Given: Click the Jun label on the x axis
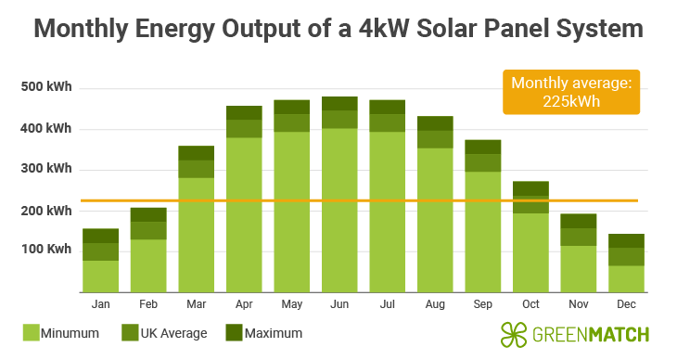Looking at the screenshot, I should [x=339, y=303].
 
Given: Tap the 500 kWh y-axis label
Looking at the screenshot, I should [x=46, y=88].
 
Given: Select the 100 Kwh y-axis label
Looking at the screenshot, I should [x=46, y=251].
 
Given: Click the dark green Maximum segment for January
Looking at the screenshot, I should [x=100, y=236].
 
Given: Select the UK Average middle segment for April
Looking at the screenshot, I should [x=244, y=128].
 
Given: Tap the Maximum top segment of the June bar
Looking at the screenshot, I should [x=339, y=103].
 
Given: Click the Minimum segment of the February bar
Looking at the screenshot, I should [x=148, y=265].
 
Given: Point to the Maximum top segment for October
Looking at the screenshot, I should [x=530, y=188].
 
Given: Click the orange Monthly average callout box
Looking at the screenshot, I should [x=571, y=92].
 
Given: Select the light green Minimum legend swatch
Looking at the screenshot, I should [x=32, y=332].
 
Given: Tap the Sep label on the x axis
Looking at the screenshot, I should [x=482, y=303].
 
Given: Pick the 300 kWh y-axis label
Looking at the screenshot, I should [x=46, y=169].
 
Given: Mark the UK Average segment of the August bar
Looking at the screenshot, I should [x=435, y=139].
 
